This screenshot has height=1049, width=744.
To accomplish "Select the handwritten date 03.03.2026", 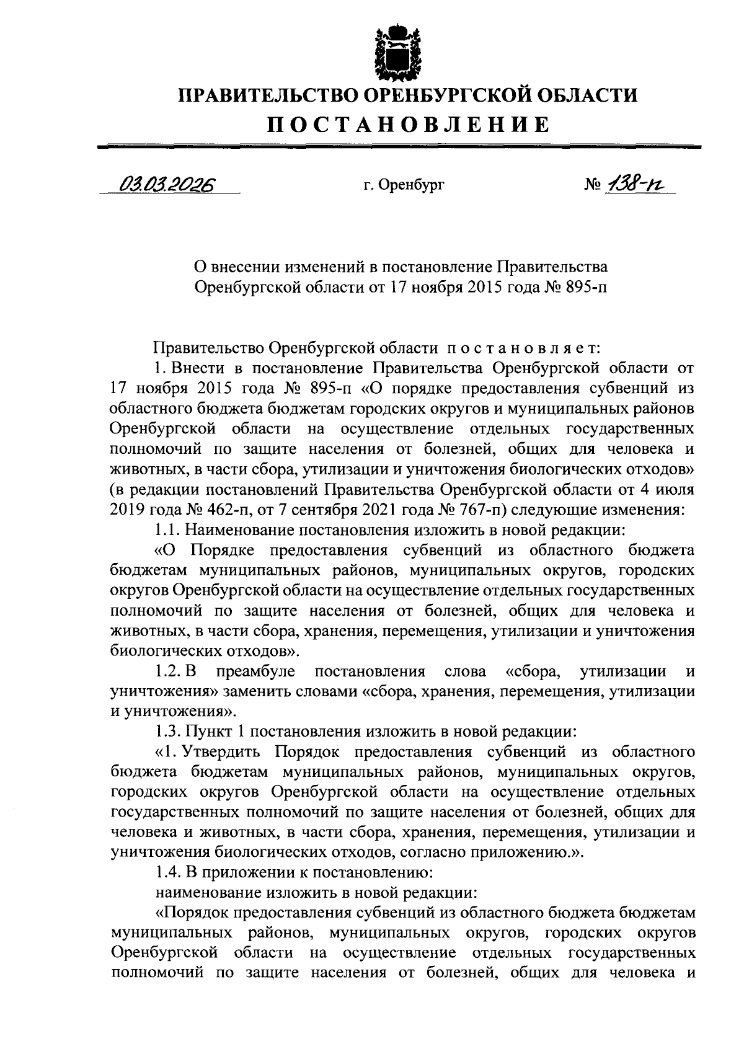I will point(167,184).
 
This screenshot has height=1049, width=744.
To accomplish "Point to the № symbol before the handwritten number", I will point(593,184).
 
